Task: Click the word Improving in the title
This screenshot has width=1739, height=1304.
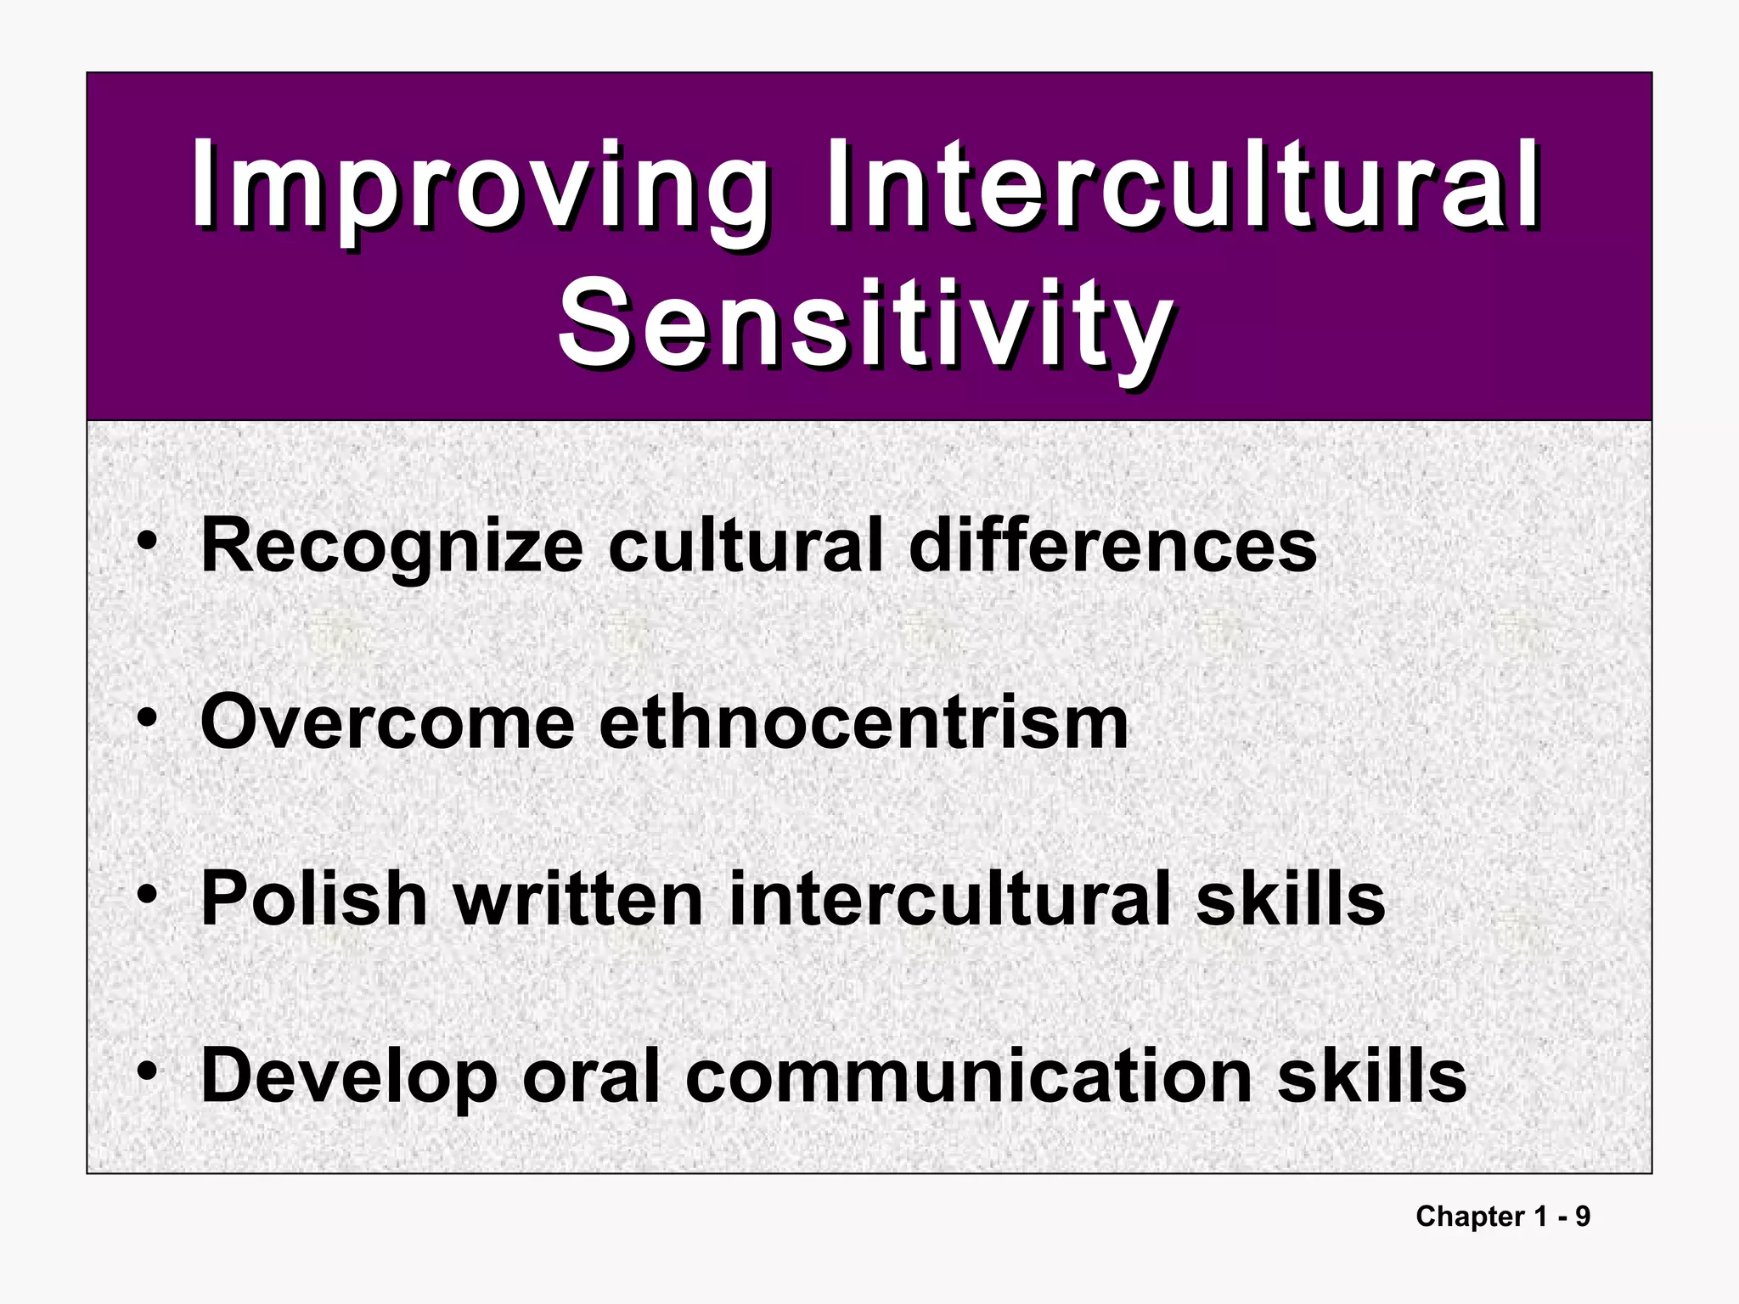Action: pos(480,188)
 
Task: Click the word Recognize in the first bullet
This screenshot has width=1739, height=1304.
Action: pos(391,548)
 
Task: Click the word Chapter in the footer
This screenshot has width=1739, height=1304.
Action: pos(1469,1217)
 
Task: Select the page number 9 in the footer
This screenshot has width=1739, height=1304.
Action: pos(1583,1217)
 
